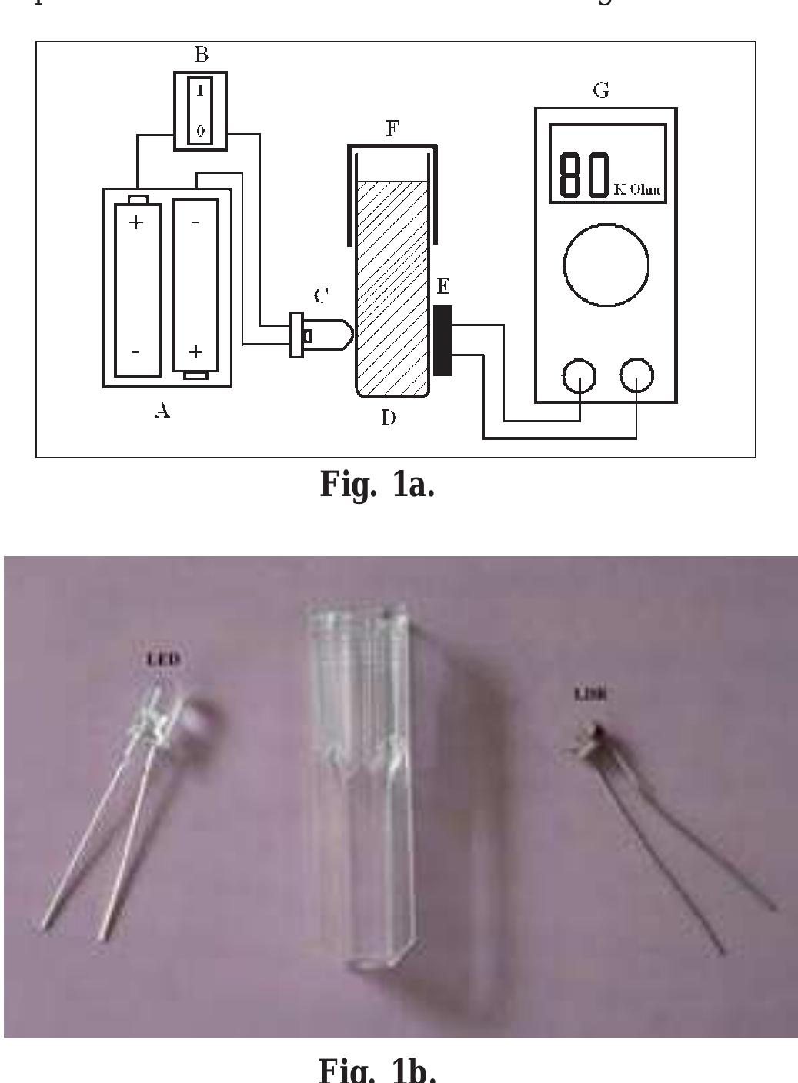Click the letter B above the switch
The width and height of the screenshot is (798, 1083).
[201, 55]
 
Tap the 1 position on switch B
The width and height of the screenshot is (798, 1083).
[200, 92]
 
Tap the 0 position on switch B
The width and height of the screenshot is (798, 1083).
[200, 131]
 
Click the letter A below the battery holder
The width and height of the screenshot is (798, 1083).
[162, 412]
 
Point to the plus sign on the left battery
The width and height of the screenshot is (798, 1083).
[136, 223]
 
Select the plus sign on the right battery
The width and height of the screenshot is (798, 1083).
[195, 352]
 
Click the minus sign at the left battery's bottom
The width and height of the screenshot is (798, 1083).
[136, 352]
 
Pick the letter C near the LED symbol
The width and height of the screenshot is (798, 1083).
[322, 295]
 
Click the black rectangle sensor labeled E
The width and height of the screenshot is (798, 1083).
[442, 340]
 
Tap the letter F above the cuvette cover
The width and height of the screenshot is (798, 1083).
[392, 129]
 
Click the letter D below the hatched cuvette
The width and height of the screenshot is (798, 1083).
[389, 418]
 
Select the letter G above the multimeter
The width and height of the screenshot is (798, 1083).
[601, 91]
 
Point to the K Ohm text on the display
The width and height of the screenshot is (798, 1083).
[637, 189]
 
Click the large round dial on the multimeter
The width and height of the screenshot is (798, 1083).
[606, 265]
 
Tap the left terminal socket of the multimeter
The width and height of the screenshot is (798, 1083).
[579, 377]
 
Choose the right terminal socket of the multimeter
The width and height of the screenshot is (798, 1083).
[636, 377]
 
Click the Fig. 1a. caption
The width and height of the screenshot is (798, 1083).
[377, 485]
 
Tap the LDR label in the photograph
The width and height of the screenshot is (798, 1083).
[591, 694]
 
